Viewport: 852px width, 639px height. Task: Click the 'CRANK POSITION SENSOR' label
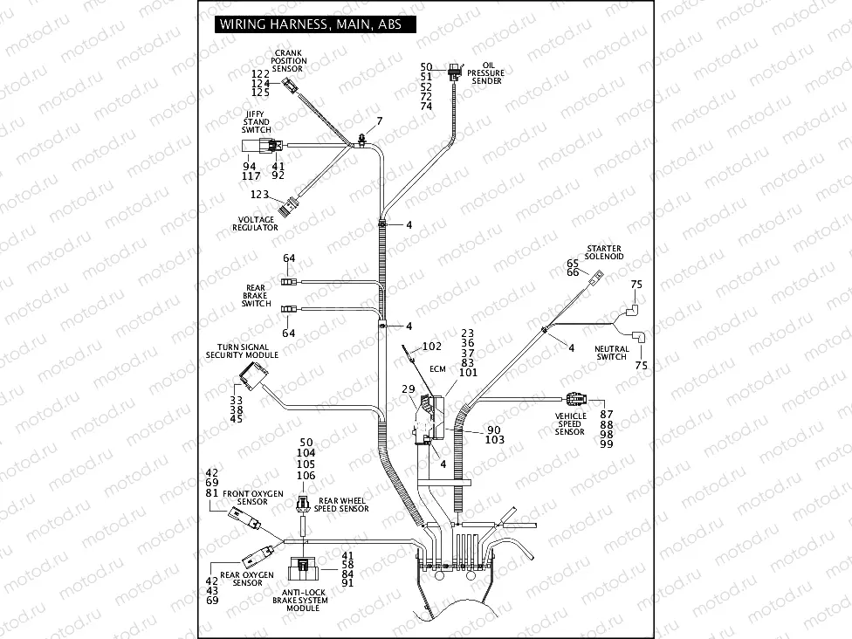290,60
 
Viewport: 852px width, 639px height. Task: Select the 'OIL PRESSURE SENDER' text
486,72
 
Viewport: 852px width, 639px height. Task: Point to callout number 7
379,120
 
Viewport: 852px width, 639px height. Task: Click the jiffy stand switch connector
260,146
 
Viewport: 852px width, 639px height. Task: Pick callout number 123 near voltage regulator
260,195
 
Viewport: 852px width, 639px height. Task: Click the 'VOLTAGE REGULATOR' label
255,223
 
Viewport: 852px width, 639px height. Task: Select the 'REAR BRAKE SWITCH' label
257,295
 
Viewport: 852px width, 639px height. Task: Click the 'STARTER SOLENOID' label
604,253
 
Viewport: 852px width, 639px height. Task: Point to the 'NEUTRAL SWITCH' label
611,353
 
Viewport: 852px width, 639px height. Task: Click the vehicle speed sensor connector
577,400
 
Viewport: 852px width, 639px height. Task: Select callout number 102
432,346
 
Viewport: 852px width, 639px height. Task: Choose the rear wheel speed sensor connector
302,504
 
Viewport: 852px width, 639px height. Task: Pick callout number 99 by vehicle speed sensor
607,444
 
